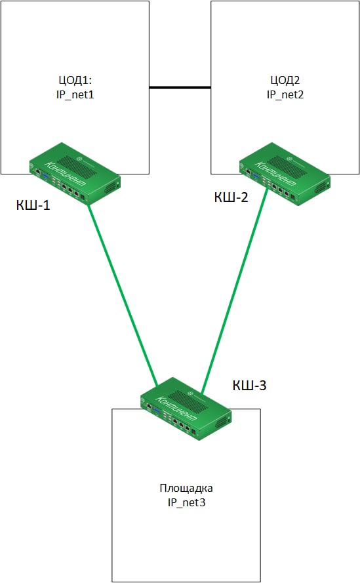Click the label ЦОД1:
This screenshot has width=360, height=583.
pyautogui.click(x=75, y=80)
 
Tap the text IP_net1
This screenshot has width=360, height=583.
pyautogui.click(x=75, y=94)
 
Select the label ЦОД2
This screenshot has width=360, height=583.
pyautogui.click(x=285, y=80)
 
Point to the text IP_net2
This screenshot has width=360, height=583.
pyautogui.click(x=285, y=94)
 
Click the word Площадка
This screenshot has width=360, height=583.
pyautogui.click(x=186, y=488)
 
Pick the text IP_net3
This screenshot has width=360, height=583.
pyautogui.click(x=186, y=502)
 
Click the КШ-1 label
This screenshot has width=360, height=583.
pyautogui.click(x=33, y=205)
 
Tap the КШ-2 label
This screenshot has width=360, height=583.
pyautogui.click(x=231, y=197)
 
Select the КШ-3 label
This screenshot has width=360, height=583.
pyautogui.click(x=249, y=385)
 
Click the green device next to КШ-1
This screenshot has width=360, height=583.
pyautogui.click(x=75, y=173)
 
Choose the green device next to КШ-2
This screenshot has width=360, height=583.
pyautogui.click(x=285, y=174)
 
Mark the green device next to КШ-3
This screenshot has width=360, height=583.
pyautogui.click(x=186, y=409)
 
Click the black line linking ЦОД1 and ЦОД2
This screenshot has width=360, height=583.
pyautogui.click(x=180, y=87)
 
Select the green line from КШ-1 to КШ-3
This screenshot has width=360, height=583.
pyautogui.click(x=123, y=296)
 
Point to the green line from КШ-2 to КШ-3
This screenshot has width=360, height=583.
pyautogui.click(x=235, y=291)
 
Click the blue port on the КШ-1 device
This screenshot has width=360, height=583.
pyautogui.click(x=46, y=176)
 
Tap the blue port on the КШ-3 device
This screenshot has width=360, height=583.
pyautogui.click(x=157, y=411)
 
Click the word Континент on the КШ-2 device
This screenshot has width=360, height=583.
pyautogui.click(x=275, y=174)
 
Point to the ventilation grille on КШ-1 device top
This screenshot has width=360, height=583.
pyautogui.click(x=77, y=166)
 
